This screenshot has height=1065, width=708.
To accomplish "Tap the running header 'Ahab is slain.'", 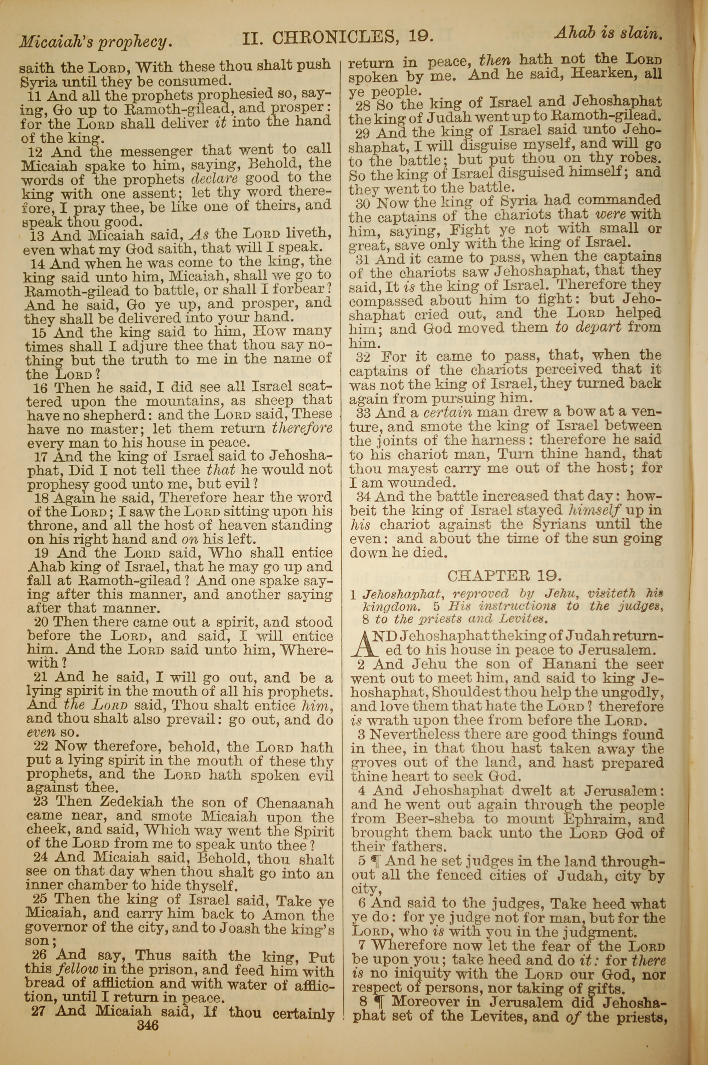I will (x=608, y=33).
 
